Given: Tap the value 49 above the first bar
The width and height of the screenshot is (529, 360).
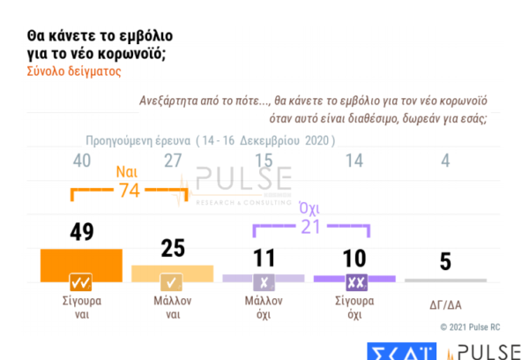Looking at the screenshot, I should (x=81, y=232).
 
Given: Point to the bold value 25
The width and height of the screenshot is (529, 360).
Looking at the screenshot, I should (x=172, y=249).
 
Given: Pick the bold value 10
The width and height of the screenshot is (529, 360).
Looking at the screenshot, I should (x=354, y=257).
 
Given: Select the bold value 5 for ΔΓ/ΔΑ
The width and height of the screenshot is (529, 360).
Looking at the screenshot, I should (x=446, y=262).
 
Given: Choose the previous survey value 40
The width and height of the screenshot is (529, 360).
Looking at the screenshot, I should (x=81, y=161).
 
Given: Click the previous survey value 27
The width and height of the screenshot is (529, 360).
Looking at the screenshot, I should (x=172, y=161).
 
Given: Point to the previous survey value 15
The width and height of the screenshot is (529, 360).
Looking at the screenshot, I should (x=263, y=161).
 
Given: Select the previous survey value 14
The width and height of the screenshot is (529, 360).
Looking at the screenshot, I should (x=354, y=161).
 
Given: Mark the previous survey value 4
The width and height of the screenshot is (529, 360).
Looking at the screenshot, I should (x=445, y=161).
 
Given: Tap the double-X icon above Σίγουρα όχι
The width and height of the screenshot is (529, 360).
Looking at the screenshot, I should (x=354, y=283).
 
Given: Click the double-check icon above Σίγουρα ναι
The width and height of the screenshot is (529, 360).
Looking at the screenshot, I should (x=81, y=283).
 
